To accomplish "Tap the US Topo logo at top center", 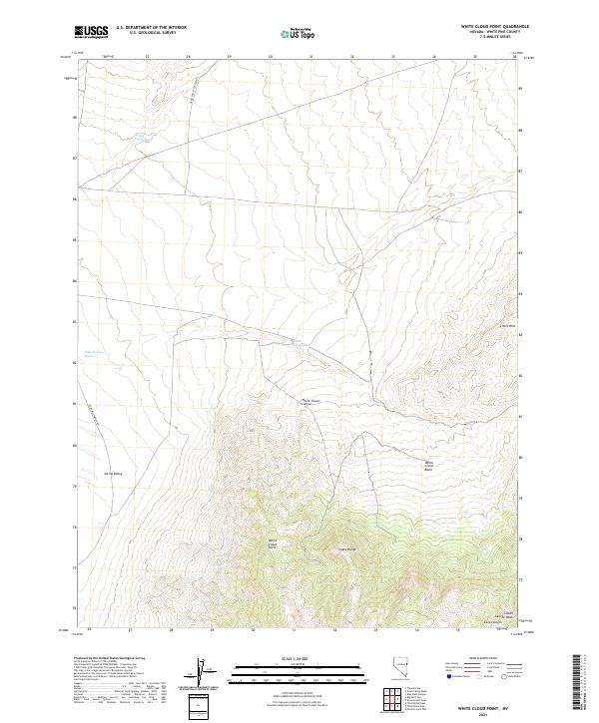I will click(x=299, y=34).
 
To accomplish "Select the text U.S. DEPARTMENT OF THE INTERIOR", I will click(x=151, y=28).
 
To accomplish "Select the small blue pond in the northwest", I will click(x=142, y=135).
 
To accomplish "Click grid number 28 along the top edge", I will click(x=189, y=58).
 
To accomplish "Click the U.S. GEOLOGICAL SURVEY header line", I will click(x=151, y=33).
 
